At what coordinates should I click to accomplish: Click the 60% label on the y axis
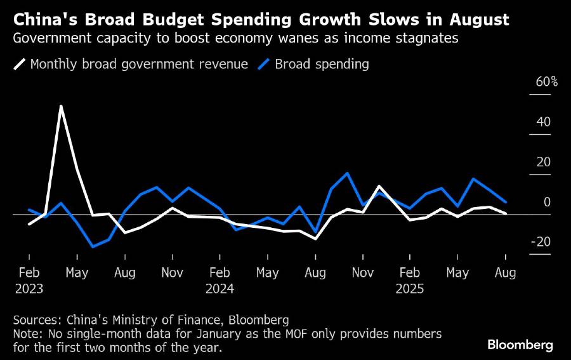point(546,83)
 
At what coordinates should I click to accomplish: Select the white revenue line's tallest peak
point(61,106)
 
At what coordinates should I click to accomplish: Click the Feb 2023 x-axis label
point(30,280)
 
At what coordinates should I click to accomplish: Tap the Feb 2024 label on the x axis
point(220,280)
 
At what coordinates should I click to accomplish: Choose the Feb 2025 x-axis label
point(410,280)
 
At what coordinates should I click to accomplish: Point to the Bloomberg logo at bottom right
point(520,345)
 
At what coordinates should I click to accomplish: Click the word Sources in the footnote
point(36,319)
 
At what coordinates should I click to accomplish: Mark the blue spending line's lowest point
point(93,246)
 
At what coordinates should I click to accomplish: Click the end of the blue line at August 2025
point(505,201)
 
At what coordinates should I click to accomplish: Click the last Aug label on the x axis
point(505,273)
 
